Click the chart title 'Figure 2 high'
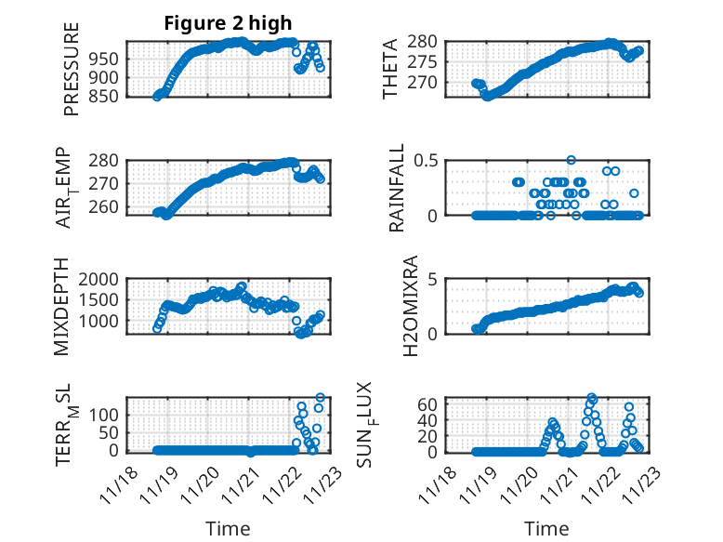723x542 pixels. (228, 23)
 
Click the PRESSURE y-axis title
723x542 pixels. (72, 70)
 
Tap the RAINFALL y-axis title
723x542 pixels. (397, 188)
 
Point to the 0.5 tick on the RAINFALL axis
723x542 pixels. (425, 161)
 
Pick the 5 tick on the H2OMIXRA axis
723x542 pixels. (432, 279)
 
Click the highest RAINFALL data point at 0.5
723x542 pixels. (571, 161)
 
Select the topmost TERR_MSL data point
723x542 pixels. (320, 398)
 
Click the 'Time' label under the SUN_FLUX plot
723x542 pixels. (546, 528)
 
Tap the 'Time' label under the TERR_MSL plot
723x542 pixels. (228, 528)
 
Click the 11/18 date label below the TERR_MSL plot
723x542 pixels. (122, 486)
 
